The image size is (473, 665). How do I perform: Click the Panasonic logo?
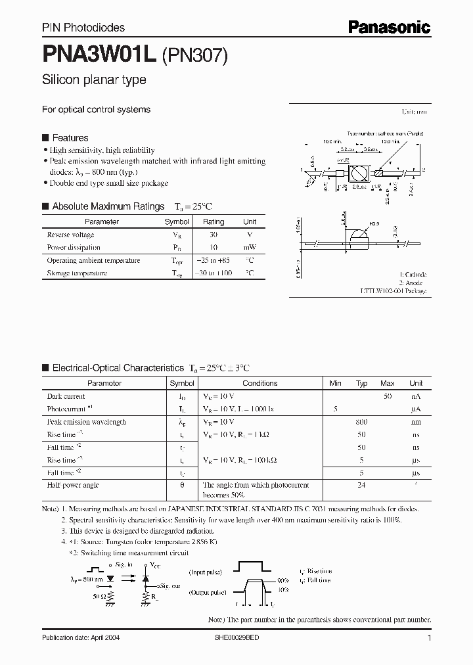click(x=388, y=27)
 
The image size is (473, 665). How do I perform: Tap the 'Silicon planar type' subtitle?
click(x=94, y=80)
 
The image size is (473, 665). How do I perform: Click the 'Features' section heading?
click(x=70, y=138)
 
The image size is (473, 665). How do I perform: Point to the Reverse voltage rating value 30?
click(x=214, y=235)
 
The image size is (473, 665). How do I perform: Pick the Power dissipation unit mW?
click(x=250, y=248)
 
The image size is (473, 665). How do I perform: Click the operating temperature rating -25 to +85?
click(x=214, y=260)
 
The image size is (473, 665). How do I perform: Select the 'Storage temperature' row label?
click(x=77, y=273)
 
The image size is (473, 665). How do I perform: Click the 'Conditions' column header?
click(x=259, y=383)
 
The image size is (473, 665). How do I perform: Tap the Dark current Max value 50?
click(x=387, y=396)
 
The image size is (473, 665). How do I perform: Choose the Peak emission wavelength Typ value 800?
click(x=361, y=422)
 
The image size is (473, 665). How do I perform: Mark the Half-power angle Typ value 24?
click(x=361, y=485)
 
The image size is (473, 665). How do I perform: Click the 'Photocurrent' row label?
click(x=66, y=409)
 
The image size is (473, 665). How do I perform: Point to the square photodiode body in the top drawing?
click(x=359, y=173)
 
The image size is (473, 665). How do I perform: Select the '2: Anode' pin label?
click(x=413, y=283)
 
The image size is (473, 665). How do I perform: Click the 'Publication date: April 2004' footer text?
click(x=81, y=638)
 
